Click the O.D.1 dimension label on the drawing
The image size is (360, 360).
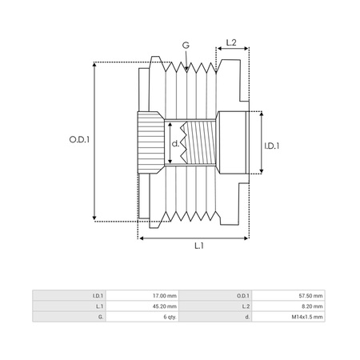point(79,139)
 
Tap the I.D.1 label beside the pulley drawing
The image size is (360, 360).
point(272,146)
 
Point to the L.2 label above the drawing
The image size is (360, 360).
point(231,42)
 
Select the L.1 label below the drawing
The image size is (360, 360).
point(199,246)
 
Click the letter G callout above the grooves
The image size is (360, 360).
point(186,45)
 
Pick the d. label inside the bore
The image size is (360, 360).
point(175,144)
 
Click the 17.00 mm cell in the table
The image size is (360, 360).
point(165,296)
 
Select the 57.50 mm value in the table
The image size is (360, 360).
point(310,296)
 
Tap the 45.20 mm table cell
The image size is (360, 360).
point(165,306)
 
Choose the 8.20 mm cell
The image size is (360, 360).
point(312,306)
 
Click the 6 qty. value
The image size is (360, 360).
point(170,317)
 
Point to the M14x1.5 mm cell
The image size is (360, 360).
point(307,317)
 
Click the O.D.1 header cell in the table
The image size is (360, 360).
point(243,296)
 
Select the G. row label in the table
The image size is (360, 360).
point(101,317)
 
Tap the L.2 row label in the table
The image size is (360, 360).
point(246,306)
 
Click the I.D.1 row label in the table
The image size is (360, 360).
point(98,296)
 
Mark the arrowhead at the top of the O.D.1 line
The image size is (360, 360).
point(94,65)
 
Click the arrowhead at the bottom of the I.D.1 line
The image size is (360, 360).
point(262,170)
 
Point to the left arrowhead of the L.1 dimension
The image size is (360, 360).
point(142,238)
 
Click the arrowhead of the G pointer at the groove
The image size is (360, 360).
point(186,69)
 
